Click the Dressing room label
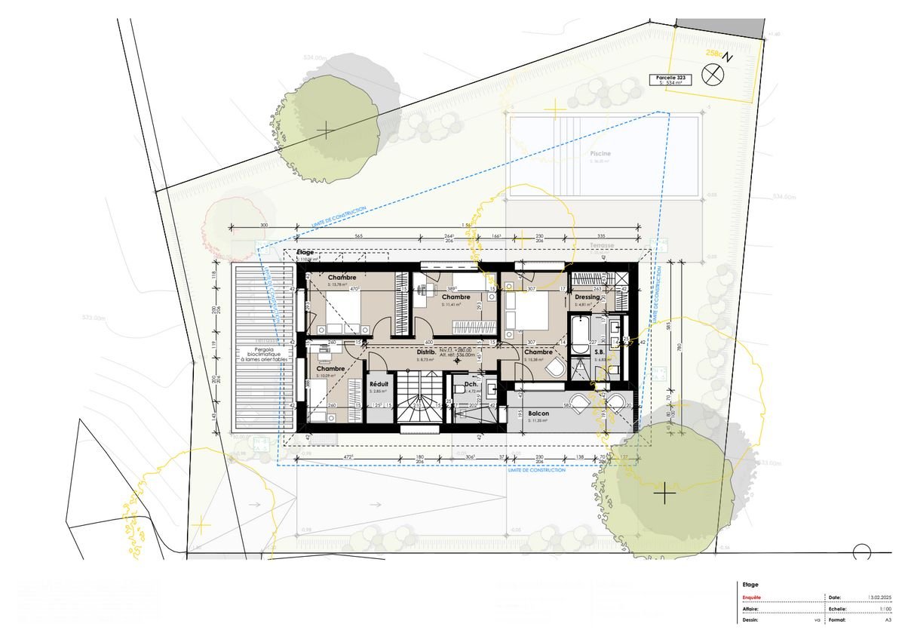coord(587,297)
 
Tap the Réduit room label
coord(378,383)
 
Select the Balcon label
coord(538,413)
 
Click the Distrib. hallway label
coord(427,352)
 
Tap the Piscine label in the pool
coord(600,153)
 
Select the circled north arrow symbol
coord(712,74)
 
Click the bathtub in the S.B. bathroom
coord(579,336)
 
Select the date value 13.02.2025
coord(881,597)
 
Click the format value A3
coord(888,620)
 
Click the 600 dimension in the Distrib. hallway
coord(428,342)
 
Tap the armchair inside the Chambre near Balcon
coord(556,369)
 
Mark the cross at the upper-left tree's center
coord(325,131)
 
